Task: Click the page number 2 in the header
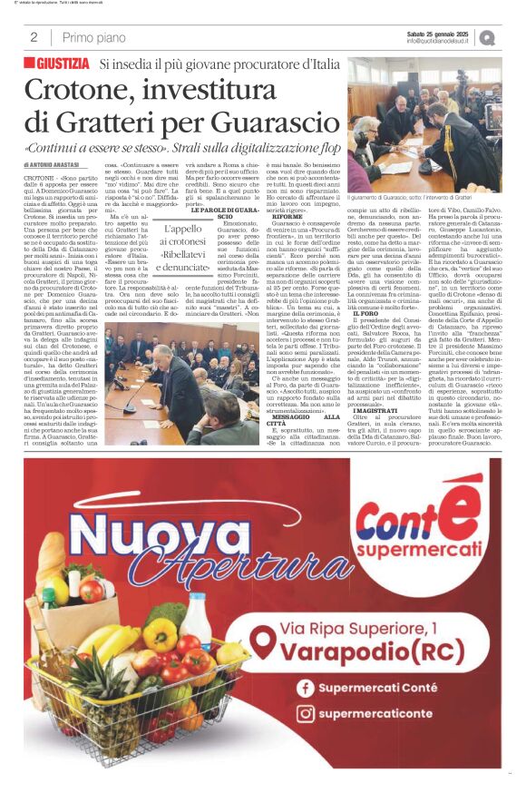click(34, 37)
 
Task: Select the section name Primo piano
click(93, 37)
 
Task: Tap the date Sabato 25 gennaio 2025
click(437, 33)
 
